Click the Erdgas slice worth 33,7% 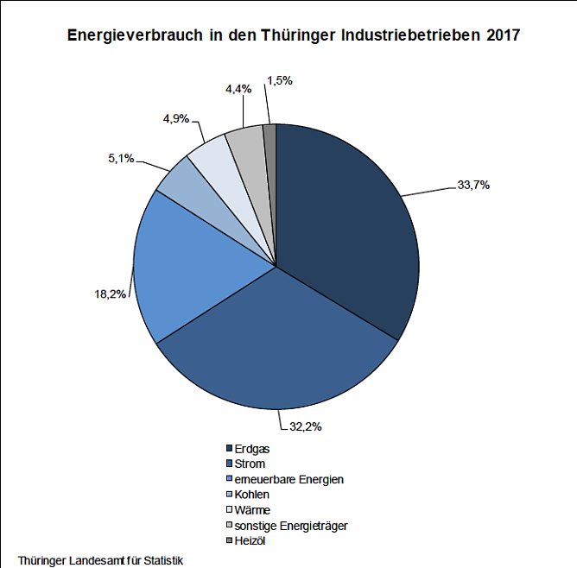[346, 224]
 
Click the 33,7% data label [472, 184]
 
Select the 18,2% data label [110, 294]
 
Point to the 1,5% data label [280, 80]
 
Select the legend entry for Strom [250, 464]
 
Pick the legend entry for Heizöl [250, 540]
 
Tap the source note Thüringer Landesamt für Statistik [100, 559]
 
